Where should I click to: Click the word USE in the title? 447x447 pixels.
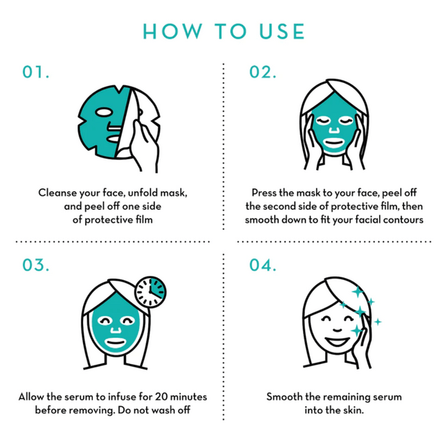click(x=282, y=31)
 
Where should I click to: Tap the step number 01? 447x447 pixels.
click(x=35, y=72)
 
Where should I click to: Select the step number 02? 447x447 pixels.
click(x=263, y=72)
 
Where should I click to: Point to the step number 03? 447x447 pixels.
click(x=35, y=265)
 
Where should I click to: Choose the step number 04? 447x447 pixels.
click(x=263, y=265)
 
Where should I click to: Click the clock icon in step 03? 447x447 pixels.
click(x=150, y=292)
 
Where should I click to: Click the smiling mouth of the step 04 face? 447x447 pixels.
click(x=338, y=341)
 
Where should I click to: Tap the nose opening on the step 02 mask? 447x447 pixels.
click(x=334, y=130)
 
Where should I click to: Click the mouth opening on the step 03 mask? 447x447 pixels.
click(x=115, y=342)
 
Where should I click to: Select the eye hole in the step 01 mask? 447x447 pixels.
click(x=103, y=112)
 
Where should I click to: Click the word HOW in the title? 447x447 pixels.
click(x=173, y=31)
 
